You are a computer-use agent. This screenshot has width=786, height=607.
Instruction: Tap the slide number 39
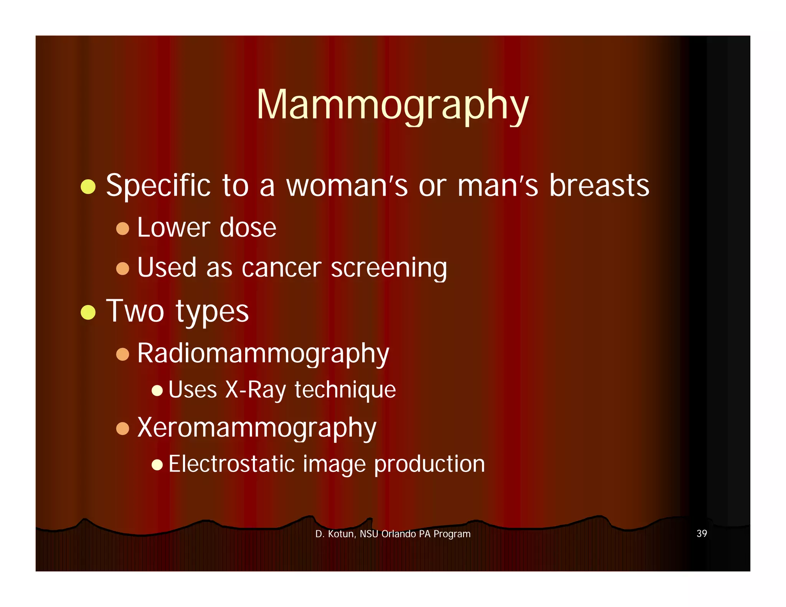[x=702, y=533]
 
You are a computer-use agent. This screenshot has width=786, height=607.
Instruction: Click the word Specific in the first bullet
[x=158, y=186]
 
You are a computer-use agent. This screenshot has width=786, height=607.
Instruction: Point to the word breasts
[x=599, y=186]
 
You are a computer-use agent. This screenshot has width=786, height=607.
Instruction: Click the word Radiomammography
[x=263, y=353]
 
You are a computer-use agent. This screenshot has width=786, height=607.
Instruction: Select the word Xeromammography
[x=257, y=428]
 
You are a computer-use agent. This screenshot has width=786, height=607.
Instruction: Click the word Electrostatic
[x=231, y=464]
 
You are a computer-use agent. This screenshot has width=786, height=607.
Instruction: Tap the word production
[x=429, y=464]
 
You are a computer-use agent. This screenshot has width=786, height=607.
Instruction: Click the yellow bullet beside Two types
[x=88, y=312]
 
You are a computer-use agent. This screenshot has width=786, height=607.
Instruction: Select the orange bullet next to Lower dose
[x=122, y=229]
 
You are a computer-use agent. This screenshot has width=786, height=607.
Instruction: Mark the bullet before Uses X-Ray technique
[x=157, y=391]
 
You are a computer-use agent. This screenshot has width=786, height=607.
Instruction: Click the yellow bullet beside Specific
[x=88, y=187]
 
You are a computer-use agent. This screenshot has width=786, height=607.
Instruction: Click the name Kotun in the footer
[x=341, y=534]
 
